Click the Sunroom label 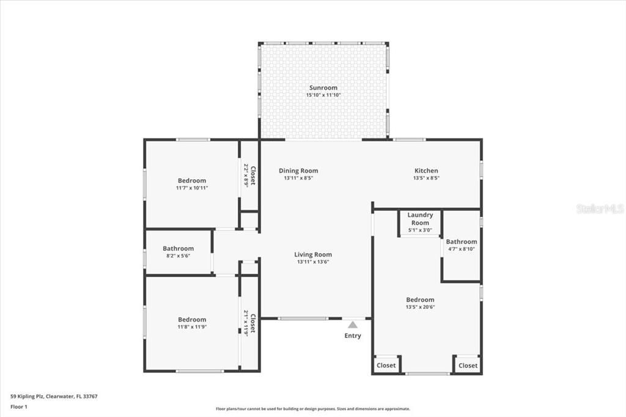pyautogui.click(x=323, y=88)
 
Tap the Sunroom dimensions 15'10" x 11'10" pyautogui.click(x=323, y=95)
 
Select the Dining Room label pyautogui.click(x=298, y=171)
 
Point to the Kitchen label pyautogui.click(x=426, y=171)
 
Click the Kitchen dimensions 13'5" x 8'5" pyautogui.click(x=426, y=179)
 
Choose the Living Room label pyautogui.click(x=313, y=255)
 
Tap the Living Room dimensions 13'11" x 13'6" pyautogui.click(x=313, y=262)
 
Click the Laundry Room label pyautogui.click(x=420, y=219)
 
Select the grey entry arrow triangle pyautogui.click(x=353, y=325)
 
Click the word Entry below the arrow pyautogui.click(x=353, y=336)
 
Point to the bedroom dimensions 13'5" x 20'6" pyautogui.click(x=420, y=307)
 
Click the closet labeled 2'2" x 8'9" pyautogui.click(x=249, y=175)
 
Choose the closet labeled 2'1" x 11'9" pyautogui.click(x=249, y=322)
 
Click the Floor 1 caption pyautogui.click(x=20, y=406)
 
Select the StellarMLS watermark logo pyautogui.click(x=600, y=209)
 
